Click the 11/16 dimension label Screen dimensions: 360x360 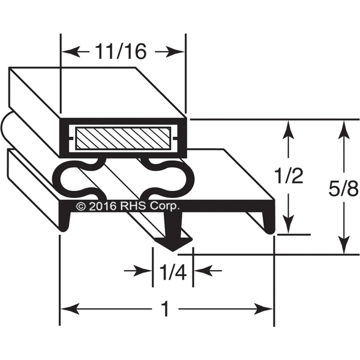coord(121,52)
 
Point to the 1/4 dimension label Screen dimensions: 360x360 coord(173,272)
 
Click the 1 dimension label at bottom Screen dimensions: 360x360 coord(166,310)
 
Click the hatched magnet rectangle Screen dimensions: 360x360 coord(123,138)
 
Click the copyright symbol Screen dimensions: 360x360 coord(81,206)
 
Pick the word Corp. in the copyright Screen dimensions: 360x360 coord(164,206)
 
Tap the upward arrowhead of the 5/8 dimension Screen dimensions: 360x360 coord(344,130)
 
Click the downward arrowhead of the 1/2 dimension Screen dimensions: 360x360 coord(289,224)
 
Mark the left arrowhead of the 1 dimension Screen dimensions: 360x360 coord(70,309)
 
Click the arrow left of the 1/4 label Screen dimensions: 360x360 coord(137,271)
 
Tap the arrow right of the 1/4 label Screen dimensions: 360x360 coord(208,271)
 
